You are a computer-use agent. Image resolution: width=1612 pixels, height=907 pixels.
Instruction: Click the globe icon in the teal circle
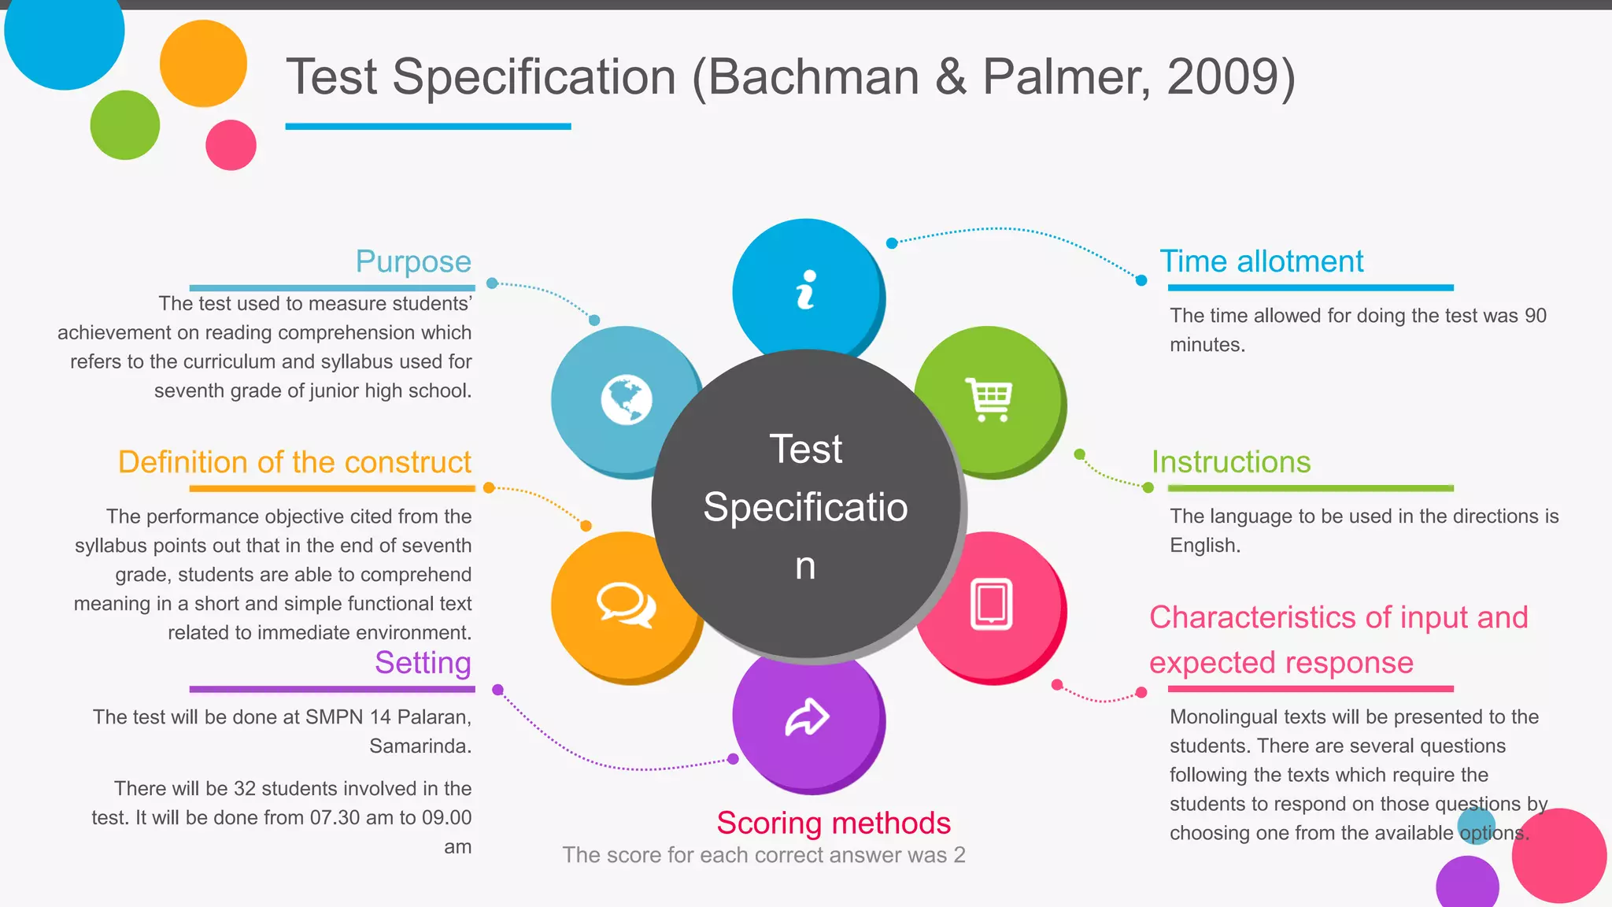(x=627, y=400)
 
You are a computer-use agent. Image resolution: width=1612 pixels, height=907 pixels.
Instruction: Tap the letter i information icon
(x=806, y=290)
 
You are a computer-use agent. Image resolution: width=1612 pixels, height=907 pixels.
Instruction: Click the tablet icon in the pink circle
(x=991, y=605)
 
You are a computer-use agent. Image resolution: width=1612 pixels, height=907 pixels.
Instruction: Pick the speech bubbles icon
(x=626, y=605)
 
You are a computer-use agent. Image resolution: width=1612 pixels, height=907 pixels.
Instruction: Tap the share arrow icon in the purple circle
(x=807, y=716)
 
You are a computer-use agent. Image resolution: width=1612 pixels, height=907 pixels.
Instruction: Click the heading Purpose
(x=413, y=261)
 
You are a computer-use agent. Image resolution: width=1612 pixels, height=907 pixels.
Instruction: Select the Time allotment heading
(x=1262, y=261)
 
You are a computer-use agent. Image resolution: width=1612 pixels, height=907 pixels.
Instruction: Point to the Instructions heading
(x=1231, y=462)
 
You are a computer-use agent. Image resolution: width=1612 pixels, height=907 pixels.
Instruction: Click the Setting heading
(x=423, y=663)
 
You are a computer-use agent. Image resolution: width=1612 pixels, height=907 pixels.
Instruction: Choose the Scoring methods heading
(x=834, y=824)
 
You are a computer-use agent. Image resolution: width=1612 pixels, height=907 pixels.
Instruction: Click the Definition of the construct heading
(x=294, y=462)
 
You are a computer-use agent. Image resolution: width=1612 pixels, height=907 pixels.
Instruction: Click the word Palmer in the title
(x=1066, y=77)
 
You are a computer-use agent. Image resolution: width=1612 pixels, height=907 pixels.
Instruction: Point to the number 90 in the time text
(x=1536, y=316)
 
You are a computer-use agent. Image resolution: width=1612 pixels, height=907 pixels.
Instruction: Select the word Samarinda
(x=420, y=746)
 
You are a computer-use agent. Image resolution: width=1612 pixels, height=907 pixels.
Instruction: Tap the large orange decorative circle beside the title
(x=203, y=64)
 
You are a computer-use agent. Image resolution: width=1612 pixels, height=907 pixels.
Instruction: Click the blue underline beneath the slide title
(x=428, y=126)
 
